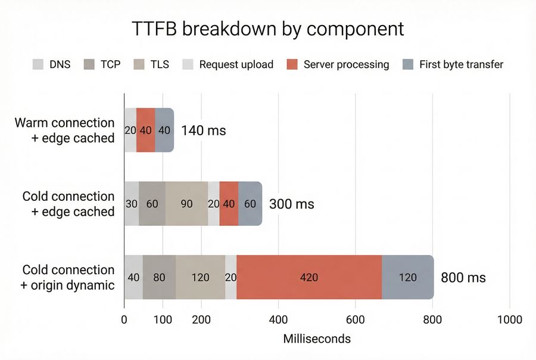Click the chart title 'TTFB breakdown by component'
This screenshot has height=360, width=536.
point(267,29)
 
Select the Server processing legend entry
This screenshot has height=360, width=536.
point(338,64)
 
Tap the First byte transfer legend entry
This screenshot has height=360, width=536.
point(453,64)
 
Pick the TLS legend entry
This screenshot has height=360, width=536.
point(150,64)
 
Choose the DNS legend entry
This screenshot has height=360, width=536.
point(52,64)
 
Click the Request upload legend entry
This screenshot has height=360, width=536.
point(228,64)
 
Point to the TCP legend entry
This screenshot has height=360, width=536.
point(102,64)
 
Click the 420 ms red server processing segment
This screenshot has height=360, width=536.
point(308,277)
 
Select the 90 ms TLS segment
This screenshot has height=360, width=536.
point(186,204)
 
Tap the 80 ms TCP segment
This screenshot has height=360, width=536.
point(159,277)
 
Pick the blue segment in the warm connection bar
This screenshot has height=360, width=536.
point(164,130)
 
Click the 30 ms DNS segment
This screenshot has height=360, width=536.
point(131,204)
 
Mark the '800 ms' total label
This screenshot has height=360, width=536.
point(463,277)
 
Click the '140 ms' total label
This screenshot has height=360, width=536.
point(203,130)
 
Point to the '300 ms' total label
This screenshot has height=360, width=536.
point(291,204)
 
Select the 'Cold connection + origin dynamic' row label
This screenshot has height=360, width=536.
point(67,277)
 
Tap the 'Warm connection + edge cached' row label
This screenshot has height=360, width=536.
point(64,130)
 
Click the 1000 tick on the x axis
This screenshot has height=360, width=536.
point(509,319)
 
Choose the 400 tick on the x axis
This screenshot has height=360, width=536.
point(278,319)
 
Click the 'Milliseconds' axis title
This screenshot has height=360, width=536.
point(316,339)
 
